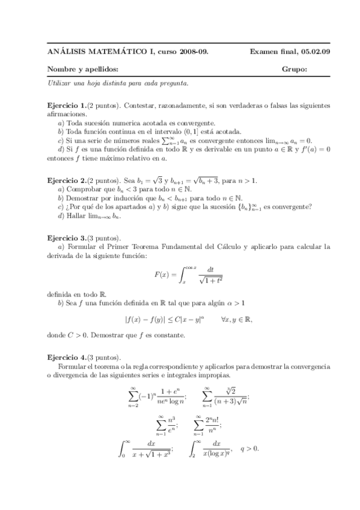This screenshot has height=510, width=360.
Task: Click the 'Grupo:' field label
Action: [294, 69]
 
